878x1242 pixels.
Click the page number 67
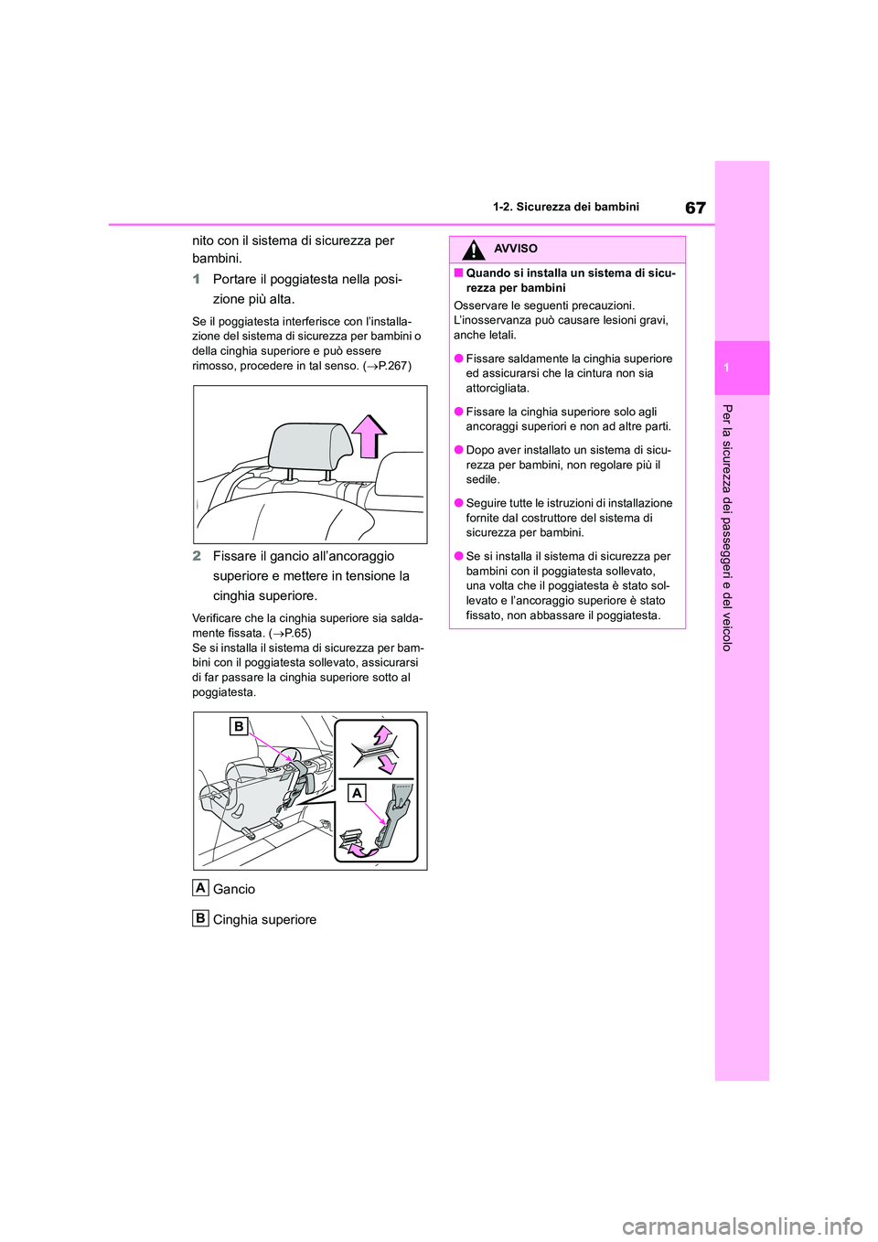click(x=695, y=208)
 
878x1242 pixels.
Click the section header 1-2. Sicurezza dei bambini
click(x=565, y=208)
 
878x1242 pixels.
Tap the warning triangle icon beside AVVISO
click(x=473, y=250)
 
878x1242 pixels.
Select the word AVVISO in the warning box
click(x=515, y=249)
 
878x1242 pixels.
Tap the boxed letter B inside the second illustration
click(x=238, y=726)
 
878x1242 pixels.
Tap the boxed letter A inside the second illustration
click(x=357, y=792)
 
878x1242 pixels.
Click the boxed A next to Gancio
click(x=200, y=887)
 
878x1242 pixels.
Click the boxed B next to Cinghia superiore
click(x=200, y=918)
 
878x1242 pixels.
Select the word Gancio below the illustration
click(x=234, y=889)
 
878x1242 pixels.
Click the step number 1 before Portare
click(x=197, y=279)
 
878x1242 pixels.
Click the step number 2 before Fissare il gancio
click(x=197, y=556)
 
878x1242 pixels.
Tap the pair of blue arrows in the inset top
click(x=383, y=748)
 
